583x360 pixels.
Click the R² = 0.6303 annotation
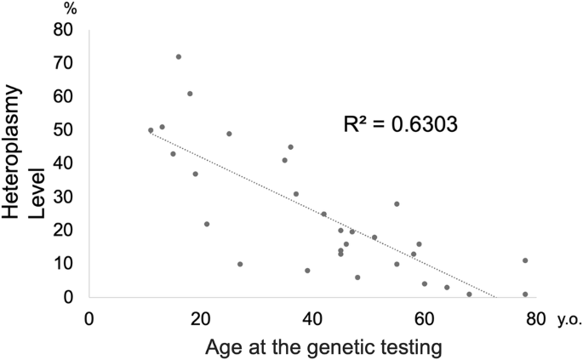(x=401, y=124)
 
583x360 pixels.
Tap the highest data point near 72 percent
(x=179, y=57)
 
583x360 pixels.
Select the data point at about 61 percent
(x=190, y=94)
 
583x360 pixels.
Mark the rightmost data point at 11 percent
(x=525, y=260)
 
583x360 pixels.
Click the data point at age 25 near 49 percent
(x=229, y=134)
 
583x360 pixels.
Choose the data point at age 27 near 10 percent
(x=240, y=264)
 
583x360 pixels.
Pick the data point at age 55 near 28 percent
(x=397, y=203)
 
